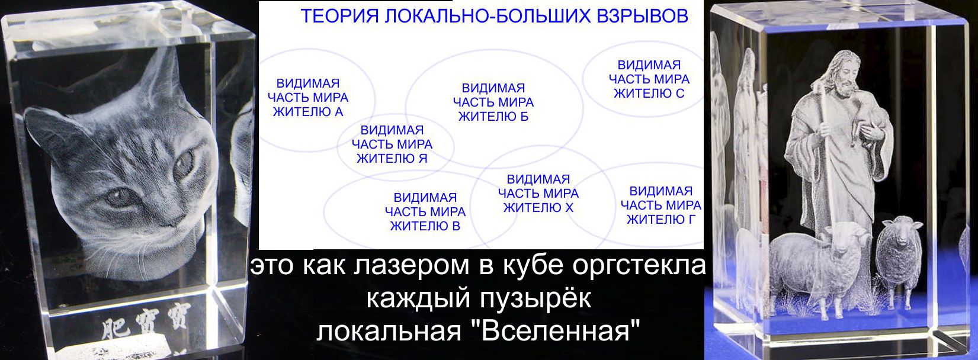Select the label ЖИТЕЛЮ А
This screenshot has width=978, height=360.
[x=308, y=112]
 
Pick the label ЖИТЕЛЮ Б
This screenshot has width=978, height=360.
[x=493, y=117]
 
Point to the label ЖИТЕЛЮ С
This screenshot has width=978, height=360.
[x=649, y=94]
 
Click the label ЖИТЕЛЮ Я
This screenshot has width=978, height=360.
[x=392, y=159]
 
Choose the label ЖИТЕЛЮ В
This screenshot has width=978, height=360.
[x=425, y=226]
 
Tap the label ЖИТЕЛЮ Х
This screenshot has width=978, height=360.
[x=538, y=208]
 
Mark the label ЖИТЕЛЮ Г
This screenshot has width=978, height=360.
[x=661, y=220]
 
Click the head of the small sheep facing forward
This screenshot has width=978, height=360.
[x=899, y=233]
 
